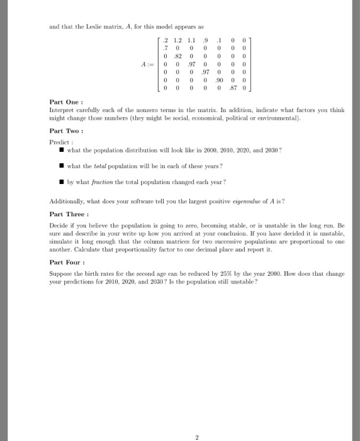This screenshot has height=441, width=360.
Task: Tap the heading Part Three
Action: pos(67,214)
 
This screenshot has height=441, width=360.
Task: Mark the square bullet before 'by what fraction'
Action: pos(62,181)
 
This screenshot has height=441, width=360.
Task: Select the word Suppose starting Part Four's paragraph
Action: pos(60,275)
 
